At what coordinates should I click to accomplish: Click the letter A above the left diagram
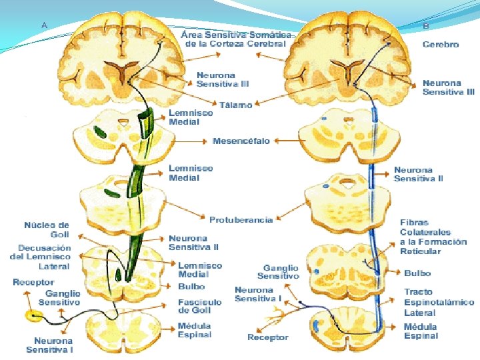click(45, 25)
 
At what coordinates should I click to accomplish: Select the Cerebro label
click(441, 45)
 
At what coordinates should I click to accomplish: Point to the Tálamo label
click(236, 105)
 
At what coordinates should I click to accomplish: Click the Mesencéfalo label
click(241, 141)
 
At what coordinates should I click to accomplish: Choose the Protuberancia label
click(241, 220)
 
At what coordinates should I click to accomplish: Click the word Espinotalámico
click(439, 302)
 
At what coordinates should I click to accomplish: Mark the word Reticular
click(420, 251)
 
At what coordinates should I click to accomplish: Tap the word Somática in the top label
click(270, 34)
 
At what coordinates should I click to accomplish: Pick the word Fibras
click(414, 223)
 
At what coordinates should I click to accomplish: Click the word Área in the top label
click(193, 34)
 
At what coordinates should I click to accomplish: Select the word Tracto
click(418, 292)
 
